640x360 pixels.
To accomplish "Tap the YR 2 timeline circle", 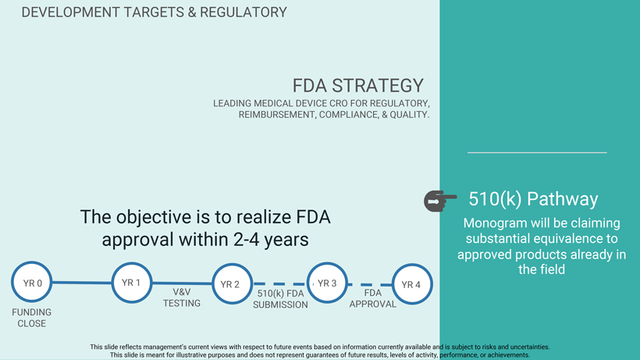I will coord(230,284).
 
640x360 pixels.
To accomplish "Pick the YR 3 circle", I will coord(327,283).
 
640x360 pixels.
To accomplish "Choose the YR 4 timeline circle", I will coord(411,284).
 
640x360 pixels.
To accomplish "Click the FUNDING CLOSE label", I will coord(32,318).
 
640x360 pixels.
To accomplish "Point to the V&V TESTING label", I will coord(182,298).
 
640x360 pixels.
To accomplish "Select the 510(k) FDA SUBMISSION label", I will coord(280,299).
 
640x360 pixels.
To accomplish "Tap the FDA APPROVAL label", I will coord(372,298).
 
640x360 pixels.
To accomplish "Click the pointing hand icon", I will coord(440,201).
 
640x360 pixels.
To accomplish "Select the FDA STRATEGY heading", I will coord(358,86).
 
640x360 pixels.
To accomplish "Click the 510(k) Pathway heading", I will coord(533,199).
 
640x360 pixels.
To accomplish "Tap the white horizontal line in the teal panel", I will coord(537,152).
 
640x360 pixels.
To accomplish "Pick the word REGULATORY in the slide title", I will coord(243,12).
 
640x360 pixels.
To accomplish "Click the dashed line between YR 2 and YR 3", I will coord(279,284).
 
